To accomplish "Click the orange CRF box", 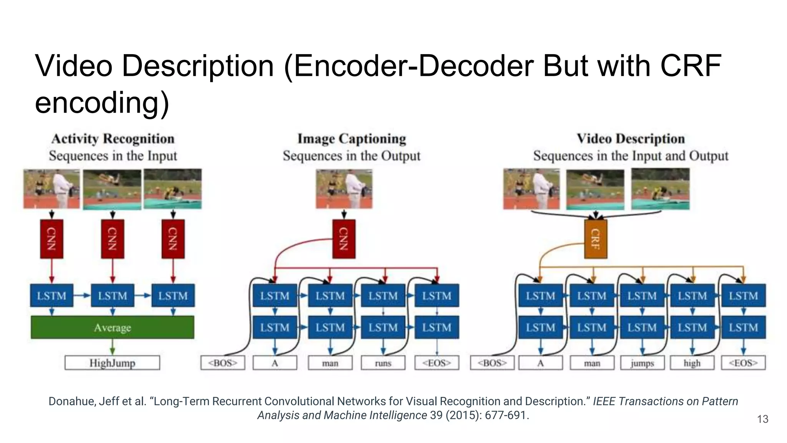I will pyautogui.click(x=595, y=239).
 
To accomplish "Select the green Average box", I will pyautogui.click(x=112, y=328).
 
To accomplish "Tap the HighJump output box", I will pyautogui.click(x=112, y=363).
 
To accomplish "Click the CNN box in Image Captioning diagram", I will pyautogui.click(x=344, y=239).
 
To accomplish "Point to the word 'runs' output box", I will pyautogui.click(x=383, y=363).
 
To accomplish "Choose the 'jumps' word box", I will pyautogui.click(x=642, y=363).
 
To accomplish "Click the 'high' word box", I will pyautogui.click(x=692, y=363).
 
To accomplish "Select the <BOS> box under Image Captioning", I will pyautogui.click(x=222, y=363).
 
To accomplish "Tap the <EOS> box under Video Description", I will pyautogui.click(x=743, y=363).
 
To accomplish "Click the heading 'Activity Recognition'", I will pyautogui.click(x=113, y=139).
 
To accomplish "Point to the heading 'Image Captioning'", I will pyautogui.click(x=352, y=139).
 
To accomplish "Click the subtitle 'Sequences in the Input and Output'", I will pyautogui.click(x=631, y=156).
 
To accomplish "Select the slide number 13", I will pyautogui.click(x=762, y=419).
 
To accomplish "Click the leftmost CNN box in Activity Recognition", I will pyautogui.click(x=51, y=239).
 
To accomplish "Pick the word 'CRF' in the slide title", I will pyautogui.click(x=691, y=66).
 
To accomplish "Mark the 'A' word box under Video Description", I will pyautogui.click(x=540, y=363).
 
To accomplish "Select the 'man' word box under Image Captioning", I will pyautogui.click(x=330, y=363).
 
